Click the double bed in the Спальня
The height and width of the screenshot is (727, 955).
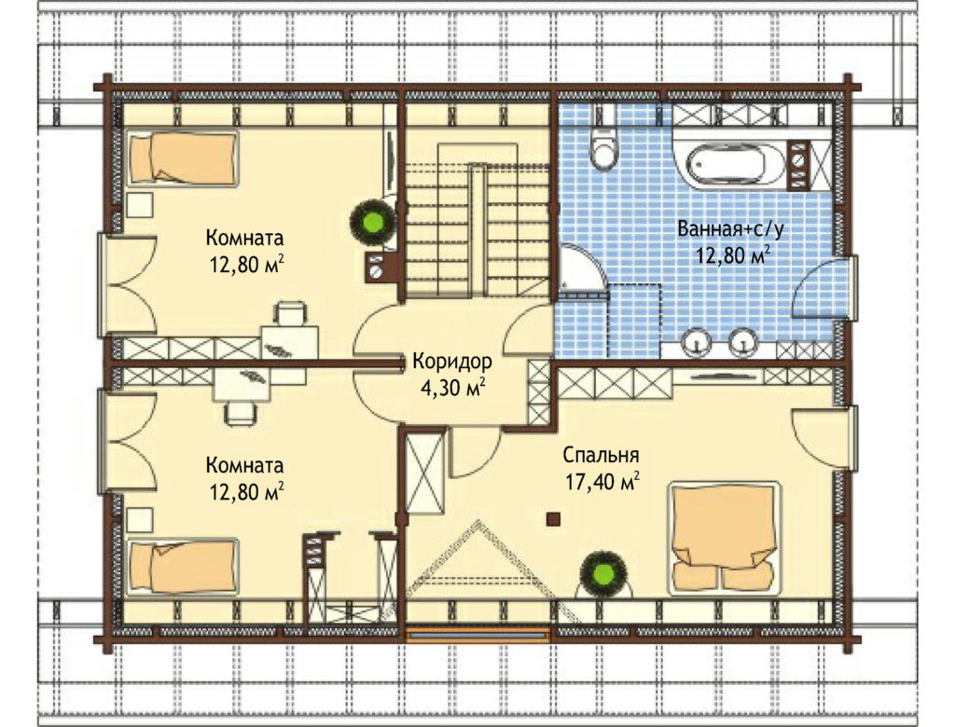(x=724, y=538)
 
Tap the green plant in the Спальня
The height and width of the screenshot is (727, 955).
(x=604, y=572)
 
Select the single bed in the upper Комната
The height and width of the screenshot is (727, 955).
(x=183, y=158)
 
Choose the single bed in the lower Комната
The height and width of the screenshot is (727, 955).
(x=183, y=567)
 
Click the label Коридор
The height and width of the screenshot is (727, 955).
(x=452, y=361)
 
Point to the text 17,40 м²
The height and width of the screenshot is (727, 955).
(x=602, y=482)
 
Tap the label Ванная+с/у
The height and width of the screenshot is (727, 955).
(x=731, y=229)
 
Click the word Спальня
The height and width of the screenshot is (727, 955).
(x=601, y=455)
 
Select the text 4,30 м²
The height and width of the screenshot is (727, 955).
(x=452, y=387)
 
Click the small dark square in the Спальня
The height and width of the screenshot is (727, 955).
(x=552, y=518)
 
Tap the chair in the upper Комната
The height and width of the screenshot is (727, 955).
(x=291, y=313)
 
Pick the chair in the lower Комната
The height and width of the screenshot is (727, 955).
(x=241, y=413)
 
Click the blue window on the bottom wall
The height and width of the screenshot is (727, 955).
(x=478, y=636)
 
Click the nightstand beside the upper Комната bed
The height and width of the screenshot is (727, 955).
(x=140, y=205)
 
